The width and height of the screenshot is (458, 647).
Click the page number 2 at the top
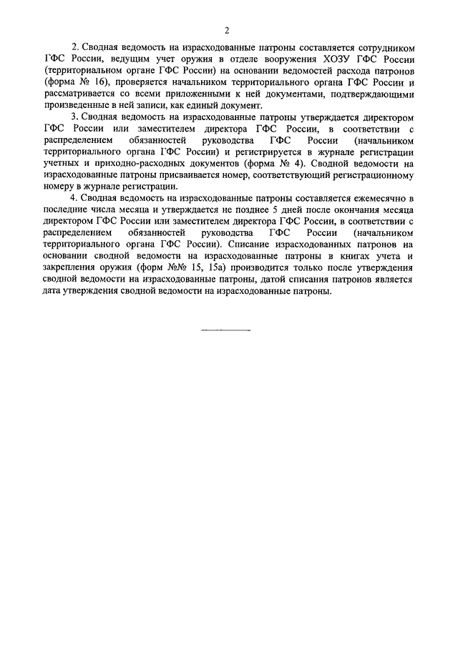tap(226, 29)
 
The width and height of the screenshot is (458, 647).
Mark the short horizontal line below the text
tap(225, 330)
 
